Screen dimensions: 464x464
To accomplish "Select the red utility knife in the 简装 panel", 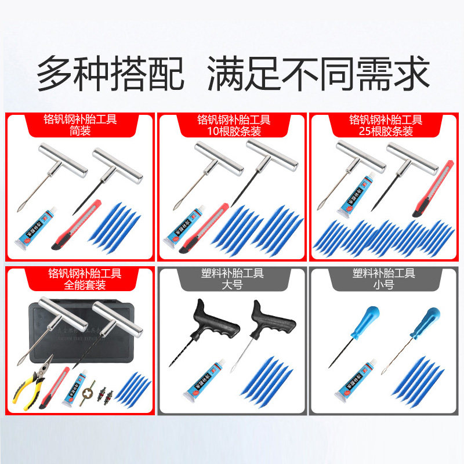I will coord(78,225).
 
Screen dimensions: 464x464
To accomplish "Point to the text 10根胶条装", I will coord(233,132).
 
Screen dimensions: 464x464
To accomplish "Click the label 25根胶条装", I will coord(386,132).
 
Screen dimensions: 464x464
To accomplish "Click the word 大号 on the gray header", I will coord(233,285).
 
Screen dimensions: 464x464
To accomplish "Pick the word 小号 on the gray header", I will coord(386,285).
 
